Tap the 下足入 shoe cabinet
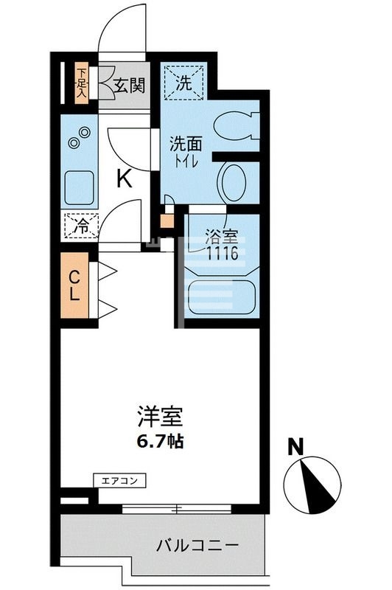tap(81, 82)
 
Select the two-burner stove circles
tap(79, 137)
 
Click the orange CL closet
tap(75, 286)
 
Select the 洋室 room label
tap(159, 418)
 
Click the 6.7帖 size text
tap(160, 442)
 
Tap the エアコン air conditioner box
tap(119, 481)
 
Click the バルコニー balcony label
tap(197, 546)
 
